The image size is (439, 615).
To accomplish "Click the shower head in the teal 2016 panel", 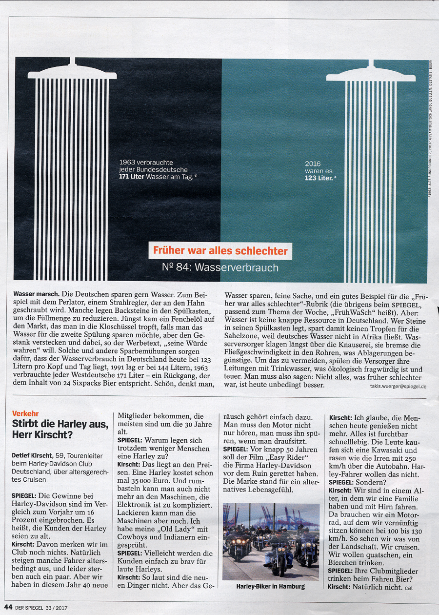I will click(x=371, y=73).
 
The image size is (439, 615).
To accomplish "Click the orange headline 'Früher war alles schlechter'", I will click(x=220, y=251).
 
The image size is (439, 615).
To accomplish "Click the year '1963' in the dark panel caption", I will click(x=128, y=163).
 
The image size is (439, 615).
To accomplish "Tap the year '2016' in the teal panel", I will click(x=313, y=164).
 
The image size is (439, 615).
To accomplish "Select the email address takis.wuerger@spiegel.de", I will click(x=396, y=386).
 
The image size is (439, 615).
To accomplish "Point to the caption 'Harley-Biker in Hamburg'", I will click(x=271, y=586).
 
